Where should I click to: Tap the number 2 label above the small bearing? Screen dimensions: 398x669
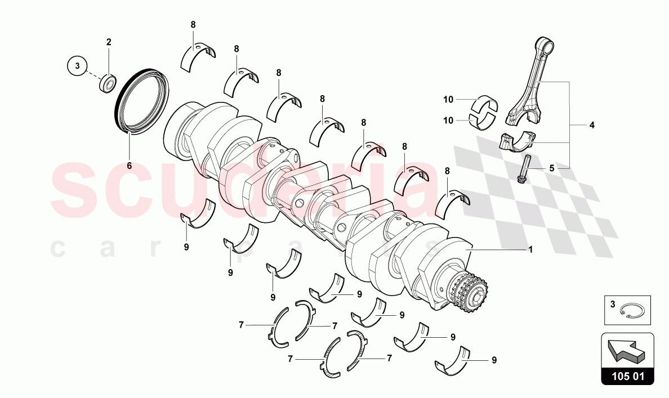[x=109, y=42]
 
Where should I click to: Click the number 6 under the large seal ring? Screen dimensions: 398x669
[x=128, y=166]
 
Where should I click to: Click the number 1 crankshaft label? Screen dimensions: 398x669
[x=529, y=249]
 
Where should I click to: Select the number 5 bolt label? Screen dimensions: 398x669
[x=552, y=168]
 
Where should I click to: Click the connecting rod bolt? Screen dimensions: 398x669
[x=523, y=169]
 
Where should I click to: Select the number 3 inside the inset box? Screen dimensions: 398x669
[x=612, y=305]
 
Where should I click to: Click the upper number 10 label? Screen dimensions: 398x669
[x=448, y=100]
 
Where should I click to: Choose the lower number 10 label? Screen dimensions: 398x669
[x=448, y=119]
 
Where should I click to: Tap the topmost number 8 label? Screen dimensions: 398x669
[x=193, y=25]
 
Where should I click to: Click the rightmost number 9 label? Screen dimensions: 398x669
[x=494, y=360]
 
